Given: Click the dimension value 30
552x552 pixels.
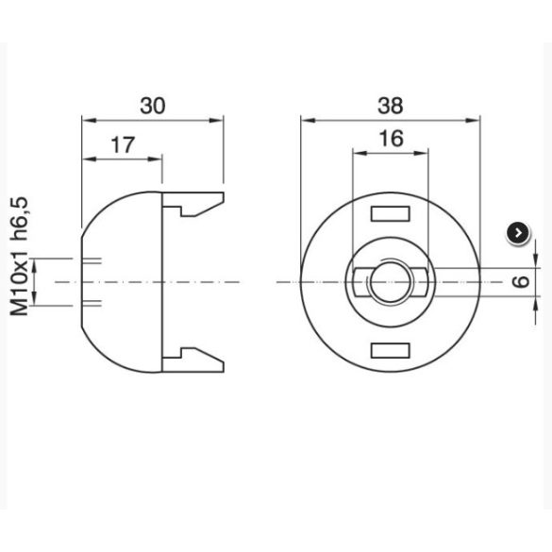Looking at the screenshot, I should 152,106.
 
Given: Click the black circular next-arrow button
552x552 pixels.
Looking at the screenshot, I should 518,232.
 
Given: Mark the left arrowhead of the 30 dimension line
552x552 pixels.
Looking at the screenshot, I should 87,120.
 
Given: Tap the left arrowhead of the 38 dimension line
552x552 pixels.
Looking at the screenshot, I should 306,120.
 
